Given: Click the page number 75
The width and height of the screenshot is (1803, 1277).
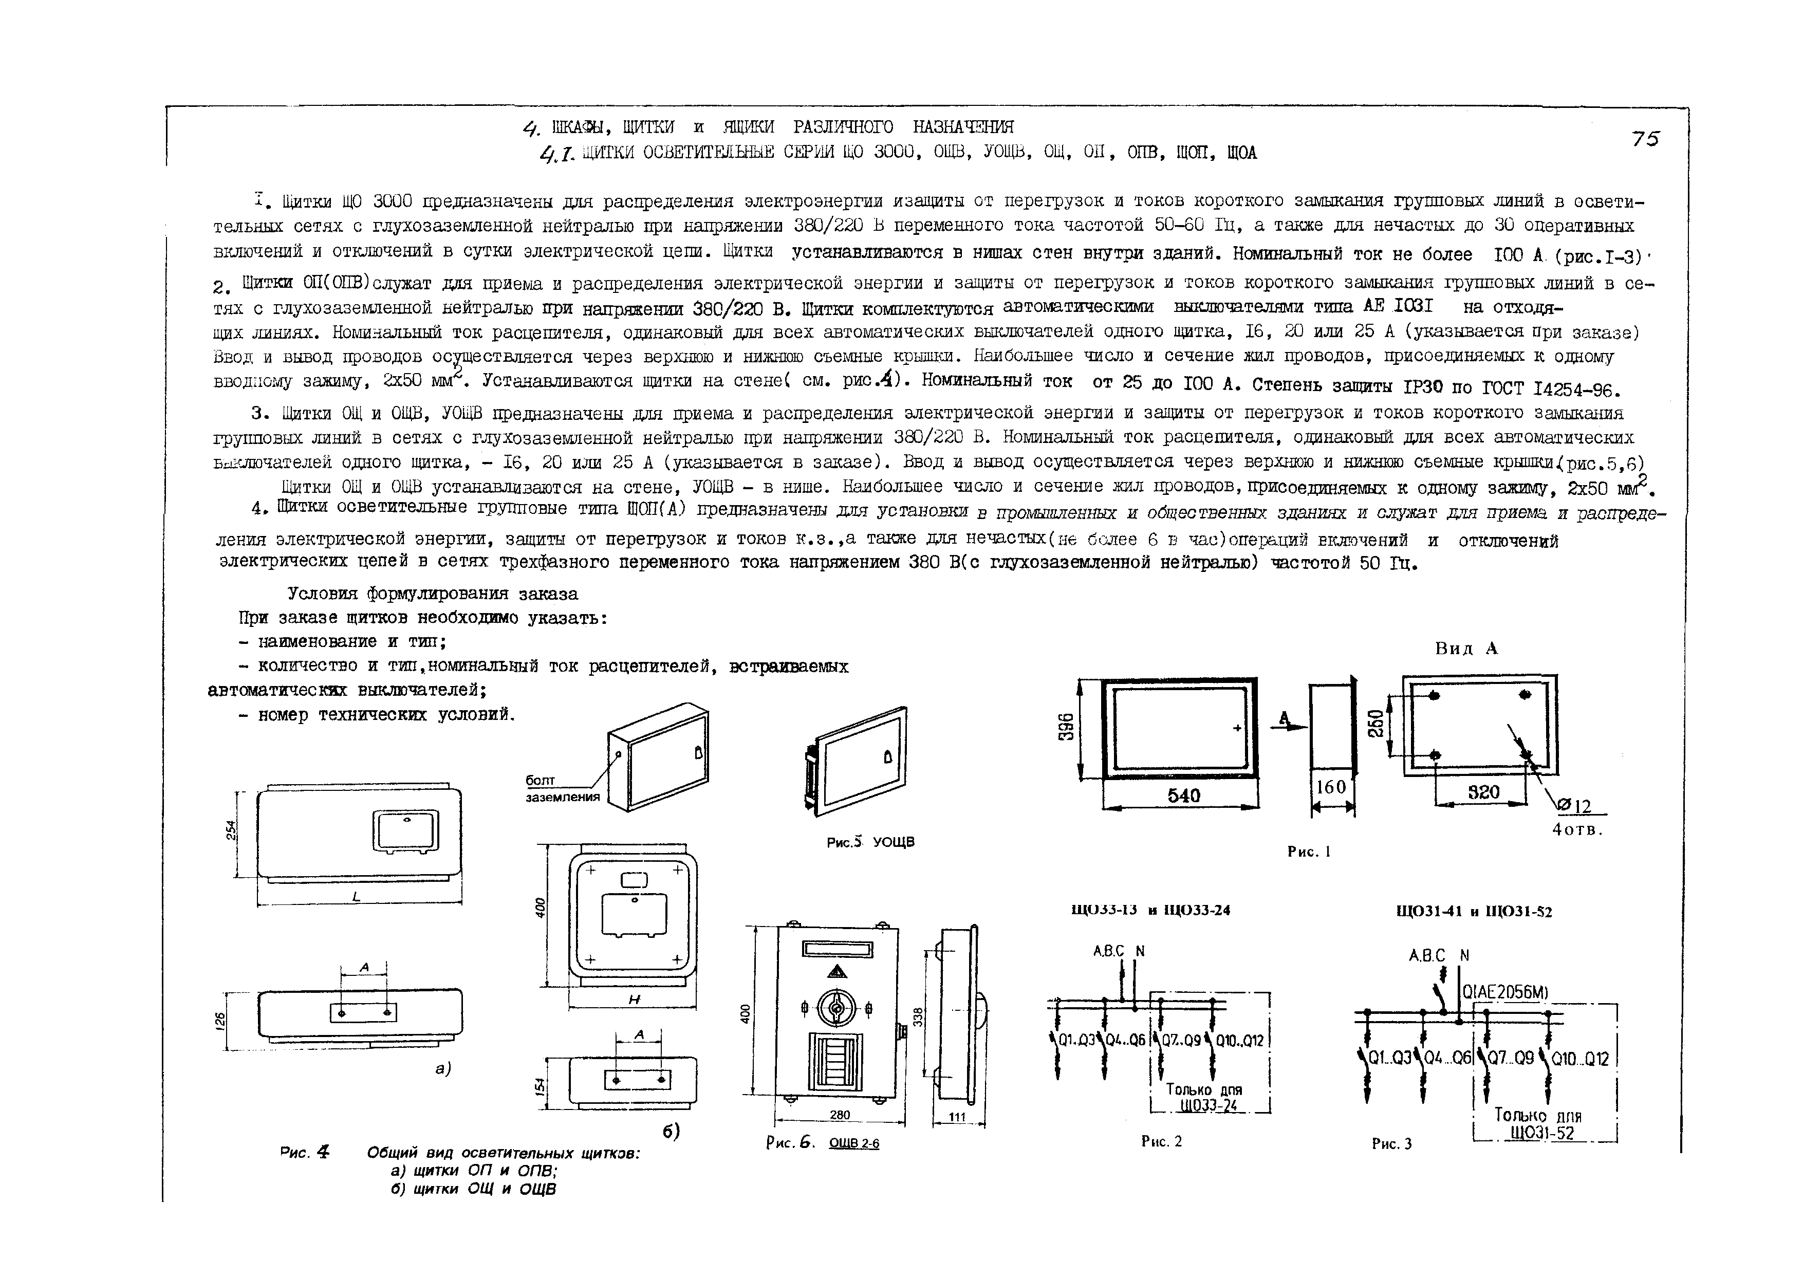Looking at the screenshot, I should [x=1644, y=139].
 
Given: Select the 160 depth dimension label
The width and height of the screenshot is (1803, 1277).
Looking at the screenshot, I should [x=1330, y=786].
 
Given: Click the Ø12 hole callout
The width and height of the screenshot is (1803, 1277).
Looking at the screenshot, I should [x=1573, y=806].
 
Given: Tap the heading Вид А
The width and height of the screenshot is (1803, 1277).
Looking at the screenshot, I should [x=1466, y=649].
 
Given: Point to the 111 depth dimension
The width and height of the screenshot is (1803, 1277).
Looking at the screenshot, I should [x=957, y=1117].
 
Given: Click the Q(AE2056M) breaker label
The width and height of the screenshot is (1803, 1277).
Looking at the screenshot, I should [x=1505, y=993].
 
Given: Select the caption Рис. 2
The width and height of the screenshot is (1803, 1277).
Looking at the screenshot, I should [x=1161, y=1141].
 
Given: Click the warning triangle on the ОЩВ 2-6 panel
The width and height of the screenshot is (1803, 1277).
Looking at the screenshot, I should [x=835, y=971].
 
